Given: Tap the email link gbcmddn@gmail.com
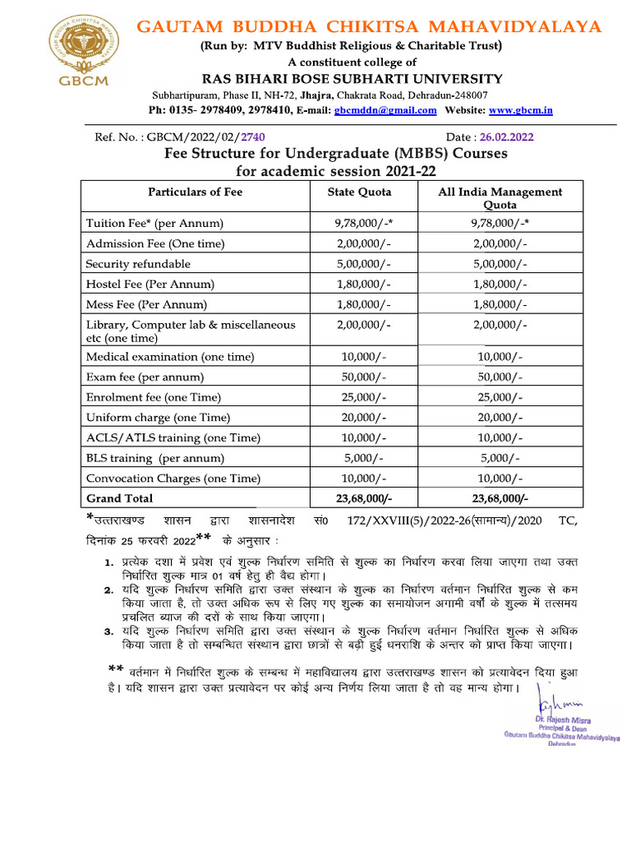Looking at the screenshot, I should [x=385, y=111].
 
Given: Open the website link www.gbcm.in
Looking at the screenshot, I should [x=521, y=110].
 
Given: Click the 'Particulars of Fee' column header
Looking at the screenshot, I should [x=196, y=192].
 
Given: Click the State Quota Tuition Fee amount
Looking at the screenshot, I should [x=363, y=223].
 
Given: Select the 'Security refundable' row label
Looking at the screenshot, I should [x=138, y=264].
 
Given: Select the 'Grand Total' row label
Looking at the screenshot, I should [x=119, y=498].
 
